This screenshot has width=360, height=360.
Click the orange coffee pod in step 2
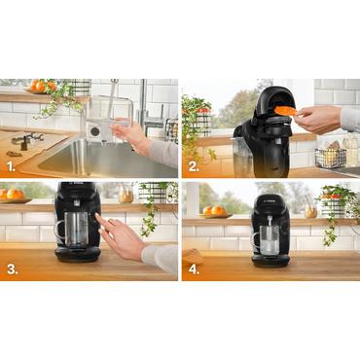click(x=284, y=110)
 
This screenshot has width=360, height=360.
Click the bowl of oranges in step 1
click(x=40, y=88)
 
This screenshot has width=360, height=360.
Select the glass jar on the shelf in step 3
click(x=125, y=195)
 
